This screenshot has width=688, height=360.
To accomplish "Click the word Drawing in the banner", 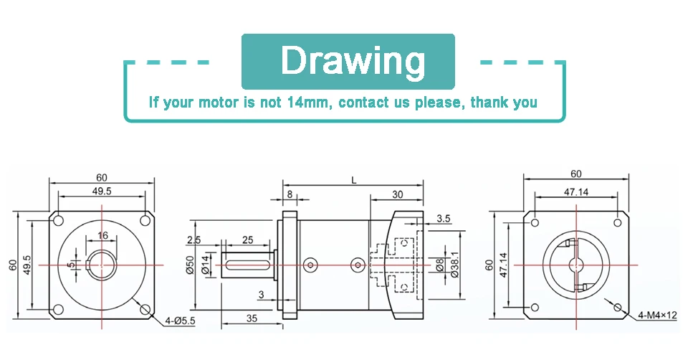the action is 353,61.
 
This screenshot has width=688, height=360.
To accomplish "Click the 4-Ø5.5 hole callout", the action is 180,321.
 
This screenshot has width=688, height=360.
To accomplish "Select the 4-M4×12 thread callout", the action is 657,315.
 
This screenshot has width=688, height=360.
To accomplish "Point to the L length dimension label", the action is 353,180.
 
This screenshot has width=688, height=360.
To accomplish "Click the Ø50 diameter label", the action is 190,265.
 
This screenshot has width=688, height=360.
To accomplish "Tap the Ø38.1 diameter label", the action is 455,265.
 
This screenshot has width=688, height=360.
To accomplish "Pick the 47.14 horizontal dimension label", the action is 575,192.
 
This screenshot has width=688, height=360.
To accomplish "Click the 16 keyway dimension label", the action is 102,236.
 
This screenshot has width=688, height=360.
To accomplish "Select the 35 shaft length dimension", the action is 252,318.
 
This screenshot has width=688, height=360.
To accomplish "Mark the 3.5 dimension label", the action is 444,219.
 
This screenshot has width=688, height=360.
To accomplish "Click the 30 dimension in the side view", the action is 397,194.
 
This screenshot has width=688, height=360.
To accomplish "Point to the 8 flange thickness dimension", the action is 290,194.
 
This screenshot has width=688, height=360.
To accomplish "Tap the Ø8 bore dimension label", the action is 439,265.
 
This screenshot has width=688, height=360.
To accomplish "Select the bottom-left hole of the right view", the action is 535,308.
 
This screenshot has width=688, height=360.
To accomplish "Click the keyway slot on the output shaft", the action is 247,265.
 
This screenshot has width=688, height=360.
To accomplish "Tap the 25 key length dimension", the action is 247,240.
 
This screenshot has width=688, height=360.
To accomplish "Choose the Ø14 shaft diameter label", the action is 205,265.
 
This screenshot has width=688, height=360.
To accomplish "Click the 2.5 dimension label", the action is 193,240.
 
